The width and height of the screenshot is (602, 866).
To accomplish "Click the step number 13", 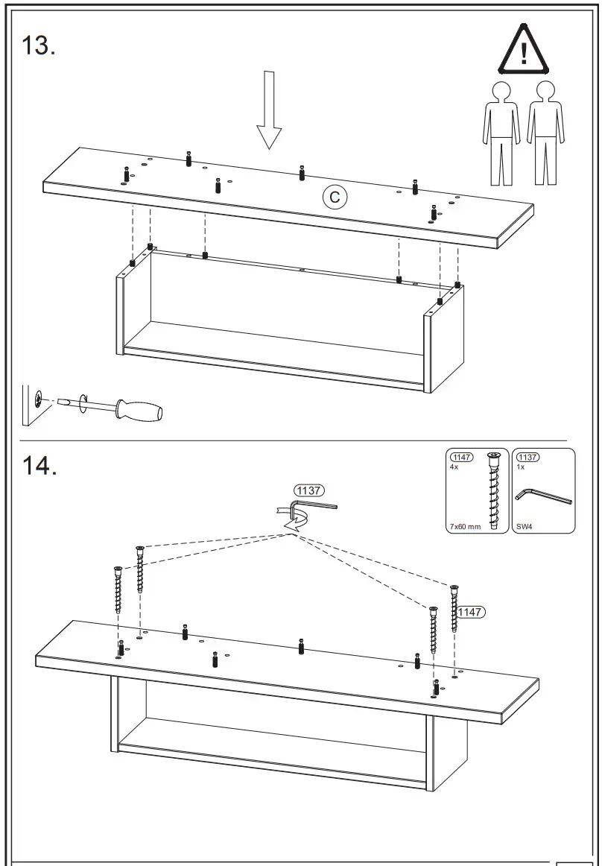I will coord(39,45).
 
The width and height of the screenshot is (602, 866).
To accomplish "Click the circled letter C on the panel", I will coord(335,197).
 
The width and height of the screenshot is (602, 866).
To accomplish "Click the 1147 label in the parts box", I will coord(462,457).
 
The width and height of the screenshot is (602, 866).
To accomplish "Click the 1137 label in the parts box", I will coord(528,457).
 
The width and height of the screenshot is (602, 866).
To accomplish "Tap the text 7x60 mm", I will coord(465,526).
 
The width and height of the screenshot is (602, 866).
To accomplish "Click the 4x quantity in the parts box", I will coord(454,467).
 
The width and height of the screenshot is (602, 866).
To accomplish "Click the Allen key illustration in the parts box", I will coord(542,496).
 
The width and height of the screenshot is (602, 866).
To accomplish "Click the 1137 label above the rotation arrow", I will coord(308,490).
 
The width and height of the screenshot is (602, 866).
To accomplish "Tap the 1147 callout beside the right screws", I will coord(471,612).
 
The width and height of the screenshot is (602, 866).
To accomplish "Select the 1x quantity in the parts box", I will coord(520,467).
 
